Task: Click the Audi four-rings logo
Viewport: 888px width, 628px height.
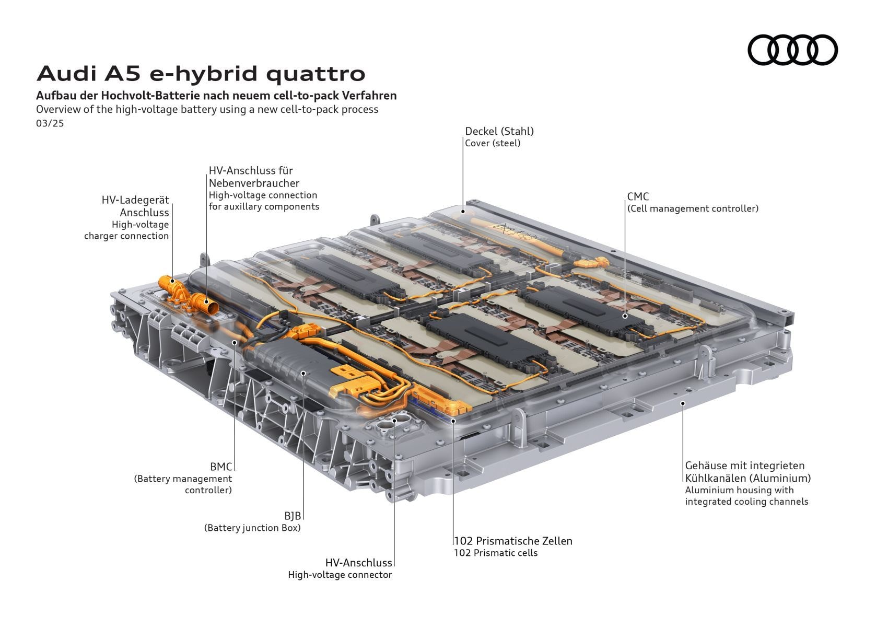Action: point(792,50)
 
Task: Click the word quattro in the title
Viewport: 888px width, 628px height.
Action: point(316,74)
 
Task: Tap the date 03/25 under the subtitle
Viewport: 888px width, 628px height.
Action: point(50,123)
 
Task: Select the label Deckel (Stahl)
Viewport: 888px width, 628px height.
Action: point(499,131)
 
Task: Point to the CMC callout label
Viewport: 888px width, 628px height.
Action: point(638,196)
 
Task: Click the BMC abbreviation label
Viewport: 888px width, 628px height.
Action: point(221,467)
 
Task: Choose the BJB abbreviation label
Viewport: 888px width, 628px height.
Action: point(293,516)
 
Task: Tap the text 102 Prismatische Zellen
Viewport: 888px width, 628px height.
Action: point(513,541)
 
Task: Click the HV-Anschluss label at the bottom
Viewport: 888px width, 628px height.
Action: point(358,563)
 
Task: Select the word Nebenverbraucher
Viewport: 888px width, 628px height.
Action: point(254,183)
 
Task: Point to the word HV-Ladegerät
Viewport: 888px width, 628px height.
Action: point(135,200)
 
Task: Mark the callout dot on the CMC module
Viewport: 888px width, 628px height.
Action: point(625,316)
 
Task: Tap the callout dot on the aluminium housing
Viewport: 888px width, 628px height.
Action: point(683,403)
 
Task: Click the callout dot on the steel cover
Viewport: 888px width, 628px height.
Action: point(463,212)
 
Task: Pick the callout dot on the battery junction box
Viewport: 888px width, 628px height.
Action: point(303,373)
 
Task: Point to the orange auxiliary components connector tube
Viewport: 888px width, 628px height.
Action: point(205,304)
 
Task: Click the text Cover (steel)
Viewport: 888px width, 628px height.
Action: point(493,144)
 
